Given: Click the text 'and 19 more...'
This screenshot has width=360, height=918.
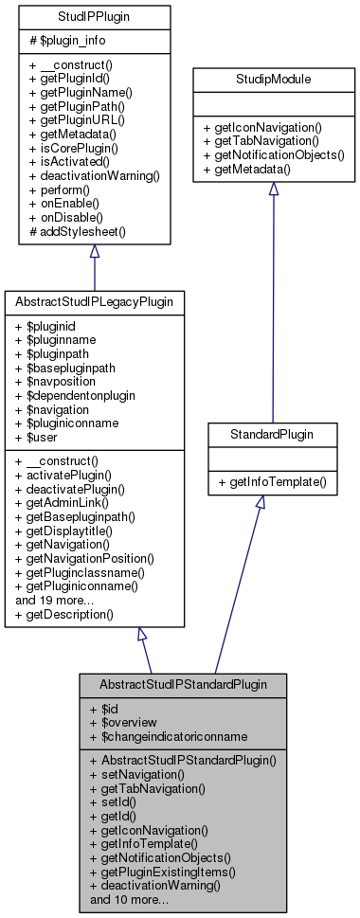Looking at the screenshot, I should [55, 600].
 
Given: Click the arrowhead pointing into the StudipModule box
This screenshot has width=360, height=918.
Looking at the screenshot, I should [273, 189].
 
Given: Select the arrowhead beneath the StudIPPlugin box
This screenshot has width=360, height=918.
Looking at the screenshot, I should [94, 252].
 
